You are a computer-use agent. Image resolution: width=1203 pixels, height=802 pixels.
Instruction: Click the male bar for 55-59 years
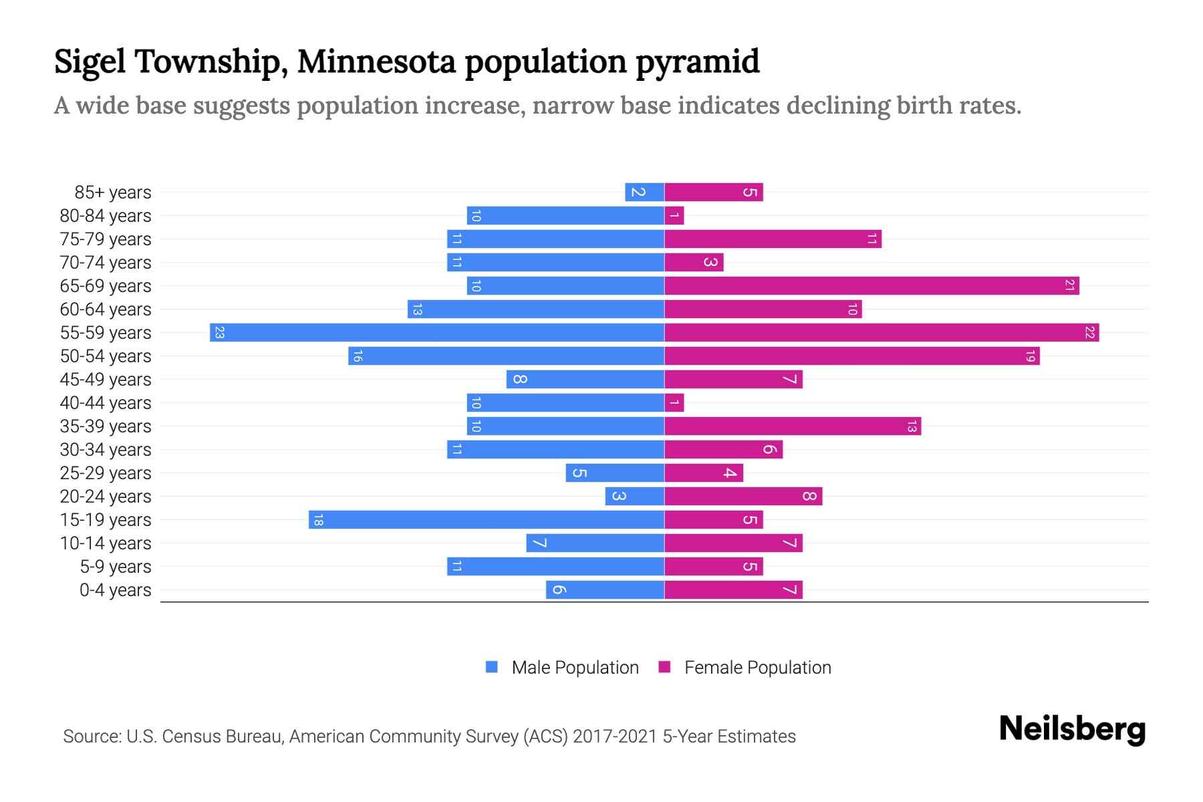tap(437, 332)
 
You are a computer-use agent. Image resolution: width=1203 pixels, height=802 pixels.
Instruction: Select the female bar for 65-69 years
tap(872, 285)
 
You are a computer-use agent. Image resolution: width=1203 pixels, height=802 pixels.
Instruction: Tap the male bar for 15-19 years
tap(487, 519)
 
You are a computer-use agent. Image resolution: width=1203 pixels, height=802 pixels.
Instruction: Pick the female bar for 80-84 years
tap(674, 215)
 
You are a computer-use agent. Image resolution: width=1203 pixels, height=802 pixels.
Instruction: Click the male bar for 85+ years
tap(644, 192)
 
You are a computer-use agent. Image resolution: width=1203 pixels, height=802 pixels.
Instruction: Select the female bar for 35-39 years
tap(793, 426)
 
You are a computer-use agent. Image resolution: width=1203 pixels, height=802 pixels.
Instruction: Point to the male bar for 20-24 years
tap(635, 496)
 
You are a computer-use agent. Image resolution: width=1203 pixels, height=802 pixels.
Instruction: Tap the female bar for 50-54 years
tap(852, 356)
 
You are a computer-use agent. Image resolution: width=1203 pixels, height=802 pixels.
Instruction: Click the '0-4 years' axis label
tap(115, 590)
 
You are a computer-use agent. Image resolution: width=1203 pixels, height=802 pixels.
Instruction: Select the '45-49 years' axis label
tap(106, 380)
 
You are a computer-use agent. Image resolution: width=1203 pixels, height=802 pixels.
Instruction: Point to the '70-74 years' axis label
tap(106, 263)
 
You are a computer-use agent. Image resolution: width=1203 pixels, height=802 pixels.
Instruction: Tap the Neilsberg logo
tap(1072, 729)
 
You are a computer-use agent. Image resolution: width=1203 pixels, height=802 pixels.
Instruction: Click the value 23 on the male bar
tap(219, 332)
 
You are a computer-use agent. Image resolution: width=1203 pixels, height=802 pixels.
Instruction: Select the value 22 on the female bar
tap(1089, 332)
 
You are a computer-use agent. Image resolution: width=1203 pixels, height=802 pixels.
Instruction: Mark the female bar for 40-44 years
tap(674, 402)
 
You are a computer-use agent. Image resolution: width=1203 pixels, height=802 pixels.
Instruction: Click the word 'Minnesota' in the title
tap(376, 61)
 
